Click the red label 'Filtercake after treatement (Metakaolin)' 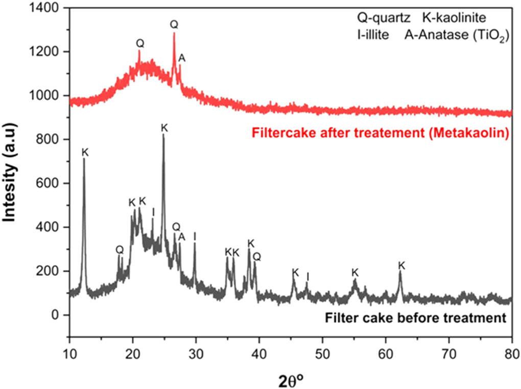(379, 133)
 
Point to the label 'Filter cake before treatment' (415, 317)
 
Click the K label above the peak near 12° (85, 152)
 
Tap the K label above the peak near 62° (401, 265)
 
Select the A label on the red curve (182, 59)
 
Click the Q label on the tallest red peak (174, 24)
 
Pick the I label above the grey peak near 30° (195, 236)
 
